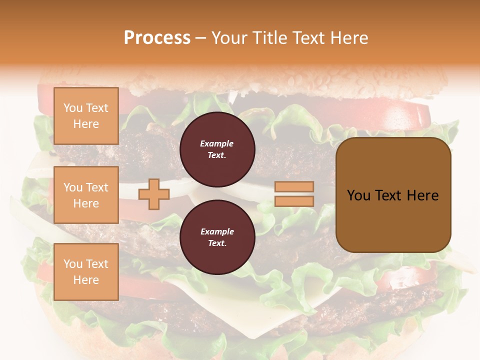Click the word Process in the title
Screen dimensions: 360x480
[x=157, y=38]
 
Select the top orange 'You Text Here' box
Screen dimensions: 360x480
[x=86, y=116]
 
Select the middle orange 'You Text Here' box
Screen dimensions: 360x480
[x=86, y=195]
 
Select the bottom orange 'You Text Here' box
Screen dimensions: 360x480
[x=86, y=271]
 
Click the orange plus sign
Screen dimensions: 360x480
[x=154, y=194]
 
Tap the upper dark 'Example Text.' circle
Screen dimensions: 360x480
[x=217, y=149]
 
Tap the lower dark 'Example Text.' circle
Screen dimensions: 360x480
[x=217, y=237]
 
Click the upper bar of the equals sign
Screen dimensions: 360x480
[x=294, y=187]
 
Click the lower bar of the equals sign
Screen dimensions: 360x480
[x=294, y=201]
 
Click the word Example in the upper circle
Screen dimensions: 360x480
[x=217, y=143]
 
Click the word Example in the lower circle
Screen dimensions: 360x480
[x=217, y=231]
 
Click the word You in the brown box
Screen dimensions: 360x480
[x=359, y=195]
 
